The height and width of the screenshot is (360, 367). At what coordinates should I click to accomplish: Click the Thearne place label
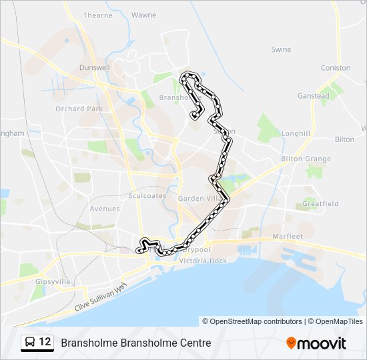point(98,15)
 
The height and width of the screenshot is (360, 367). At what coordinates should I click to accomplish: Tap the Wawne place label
point(143,15)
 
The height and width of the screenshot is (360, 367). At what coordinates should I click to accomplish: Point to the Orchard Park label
point(79,109)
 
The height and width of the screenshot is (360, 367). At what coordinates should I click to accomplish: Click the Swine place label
point(281,49)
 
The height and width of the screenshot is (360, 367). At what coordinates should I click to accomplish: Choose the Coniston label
point(335,68)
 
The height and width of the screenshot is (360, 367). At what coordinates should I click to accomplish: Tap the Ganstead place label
point(313,96)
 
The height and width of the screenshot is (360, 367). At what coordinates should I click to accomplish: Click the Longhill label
point(296,133)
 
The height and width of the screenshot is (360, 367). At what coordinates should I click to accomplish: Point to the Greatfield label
point(320,203)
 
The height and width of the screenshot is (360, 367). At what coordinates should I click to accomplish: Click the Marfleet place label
point(288,237)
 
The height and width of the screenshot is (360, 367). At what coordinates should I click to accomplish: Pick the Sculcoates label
point(142,196)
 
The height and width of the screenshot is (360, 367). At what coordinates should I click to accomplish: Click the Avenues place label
point(105,209)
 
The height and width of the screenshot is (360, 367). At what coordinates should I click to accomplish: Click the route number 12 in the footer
point(45,343)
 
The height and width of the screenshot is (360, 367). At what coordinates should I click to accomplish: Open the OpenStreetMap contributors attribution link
point(256,321)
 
